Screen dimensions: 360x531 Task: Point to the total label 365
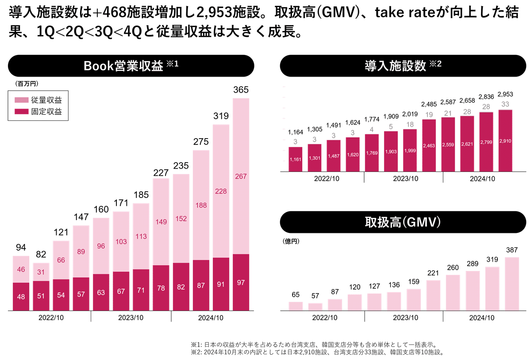click(x=241, y=91)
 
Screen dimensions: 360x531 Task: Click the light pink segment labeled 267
click(x=241, y=176)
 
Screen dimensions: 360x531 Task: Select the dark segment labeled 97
click(x=241, y=283)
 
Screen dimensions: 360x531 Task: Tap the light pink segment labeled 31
click(x=41, y=271)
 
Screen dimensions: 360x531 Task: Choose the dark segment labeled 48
click(x=21, y=297)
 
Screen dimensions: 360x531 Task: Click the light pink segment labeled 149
click(x=161, y=222)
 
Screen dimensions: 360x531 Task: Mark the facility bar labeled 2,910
click(x=504, y=140)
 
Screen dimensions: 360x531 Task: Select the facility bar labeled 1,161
click(x=295, y=159)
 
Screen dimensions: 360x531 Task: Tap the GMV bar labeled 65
click(x=295, y=306)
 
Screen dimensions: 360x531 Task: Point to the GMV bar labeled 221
click(x=433, y=295)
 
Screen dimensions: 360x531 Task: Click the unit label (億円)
click(x=290, y=243)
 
